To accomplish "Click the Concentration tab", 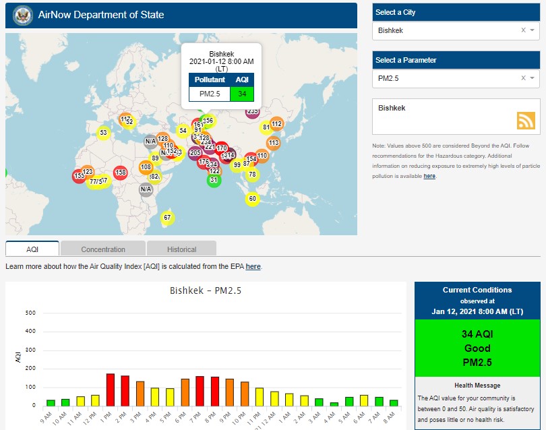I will [x=103, y=249].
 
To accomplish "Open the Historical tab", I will [x=181, y=249].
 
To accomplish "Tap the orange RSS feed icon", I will [x=526, y=120].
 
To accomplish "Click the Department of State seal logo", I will [x=23, y=15].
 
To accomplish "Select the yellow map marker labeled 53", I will [x=103, y=133].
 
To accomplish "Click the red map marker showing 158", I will [x=121, y=173].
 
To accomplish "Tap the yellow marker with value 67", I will [x=167, y=218].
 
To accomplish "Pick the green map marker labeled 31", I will [x=214, y=180].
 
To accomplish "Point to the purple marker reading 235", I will [x=252, y=111].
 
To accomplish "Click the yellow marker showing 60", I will [x=252, y=199].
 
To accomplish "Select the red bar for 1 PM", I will [x=111, y=390].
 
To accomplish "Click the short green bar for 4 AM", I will [x=334, y=404].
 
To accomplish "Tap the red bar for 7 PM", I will [x=200, y=391].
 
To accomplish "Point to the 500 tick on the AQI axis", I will [x=30, y=313].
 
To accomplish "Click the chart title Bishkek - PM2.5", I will [x=206, y=291].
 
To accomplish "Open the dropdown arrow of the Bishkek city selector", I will [x=532, y=30].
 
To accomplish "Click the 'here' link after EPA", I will [x=253, y=267].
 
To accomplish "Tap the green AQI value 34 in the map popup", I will [x=241, y=93].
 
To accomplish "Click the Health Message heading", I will [x=477, y=386].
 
